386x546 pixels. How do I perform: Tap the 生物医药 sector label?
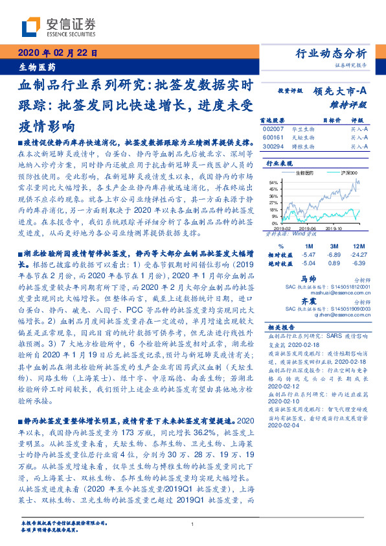coord(35,67)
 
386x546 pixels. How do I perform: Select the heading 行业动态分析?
coord(335,53)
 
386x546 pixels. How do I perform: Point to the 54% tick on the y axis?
coord(274,182)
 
